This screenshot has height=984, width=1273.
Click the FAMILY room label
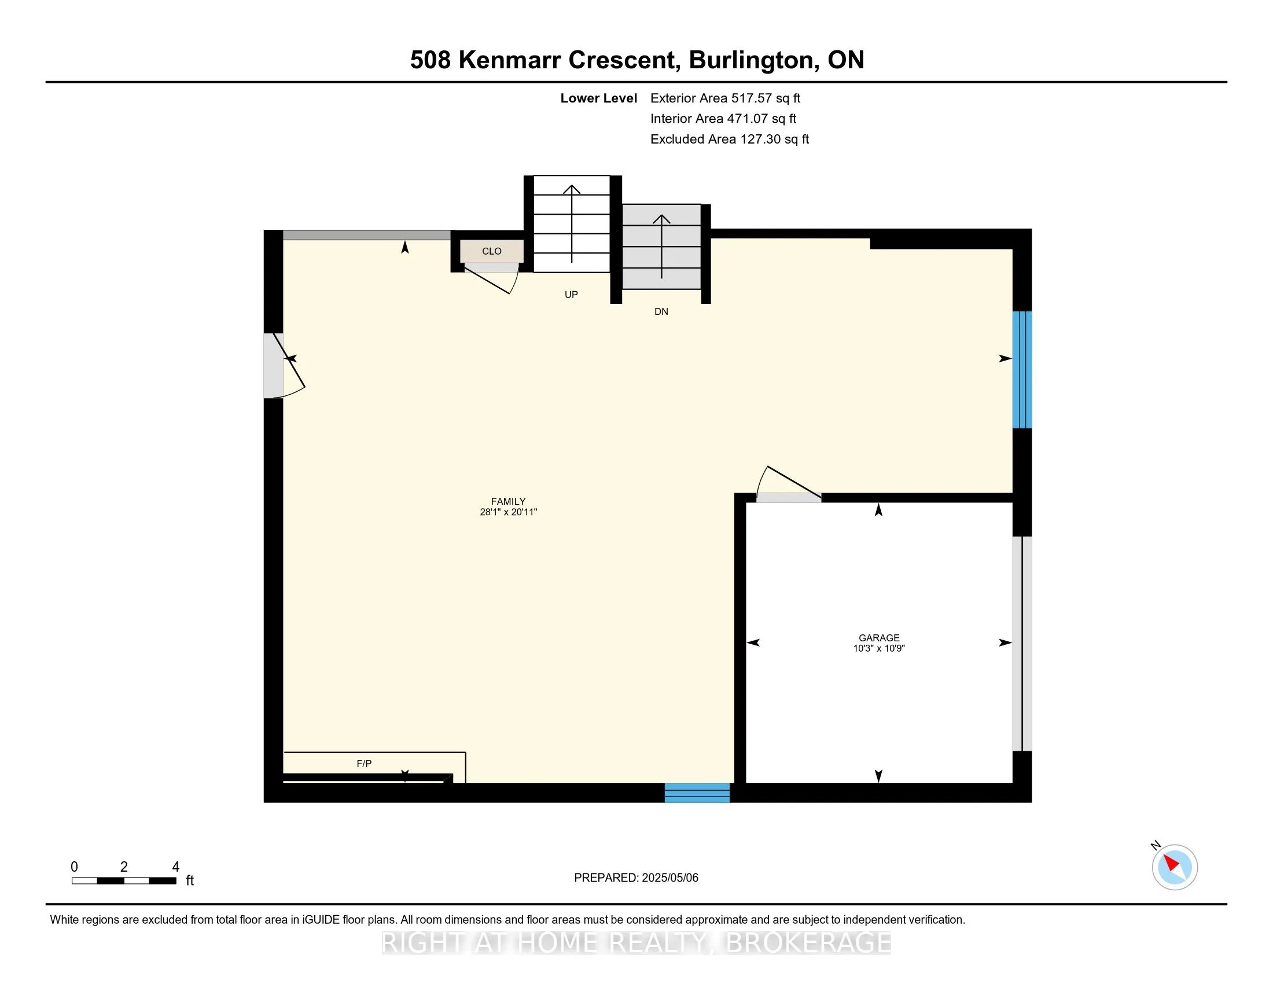[507, 501]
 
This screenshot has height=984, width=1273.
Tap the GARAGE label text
[879, 638]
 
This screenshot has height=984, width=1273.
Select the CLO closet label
[491, 251]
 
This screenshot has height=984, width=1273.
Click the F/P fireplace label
[364, 763]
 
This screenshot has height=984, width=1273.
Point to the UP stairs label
[571, 295]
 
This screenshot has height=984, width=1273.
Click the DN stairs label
[661, 311]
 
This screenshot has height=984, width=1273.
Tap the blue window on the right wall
[1022, 370]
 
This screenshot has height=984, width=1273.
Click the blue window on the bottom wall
[697, 793]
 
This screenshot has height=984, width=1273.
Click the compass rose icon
[1174, 867]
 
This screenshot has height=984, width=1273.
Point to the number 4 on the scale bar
[175, 867]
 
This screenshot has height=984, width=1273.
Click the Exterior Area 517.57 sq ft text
[725, 98]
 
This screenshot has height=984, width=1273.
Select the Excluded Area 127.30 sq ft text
[729, 139]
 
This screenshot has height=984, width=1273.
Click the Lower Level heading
[598, 98]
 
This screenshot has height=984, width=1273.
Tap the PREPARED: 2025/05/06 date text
[636, 878]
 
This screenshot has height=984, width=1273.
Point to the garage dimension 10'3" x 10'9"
[879, 648]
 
